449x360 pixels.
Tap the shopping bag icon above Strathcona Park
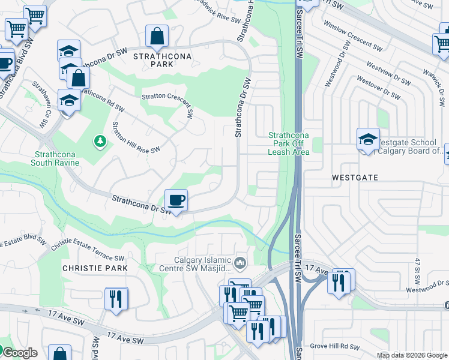[157, 36]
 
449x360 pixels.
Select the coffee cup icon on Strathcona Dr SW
[176, 200]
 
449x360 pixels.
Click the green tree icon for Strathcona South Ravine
[100, 141]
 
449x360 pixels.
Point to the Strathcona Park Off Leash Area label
[289, 144]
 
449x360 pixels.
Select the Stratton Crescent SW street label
[167, 103]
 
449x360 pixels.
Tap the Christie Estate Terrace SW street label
[87, 252]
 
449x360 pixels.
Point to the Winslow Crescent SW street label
[352, 37]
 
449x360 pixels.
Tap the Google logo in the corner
[19, 353]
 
